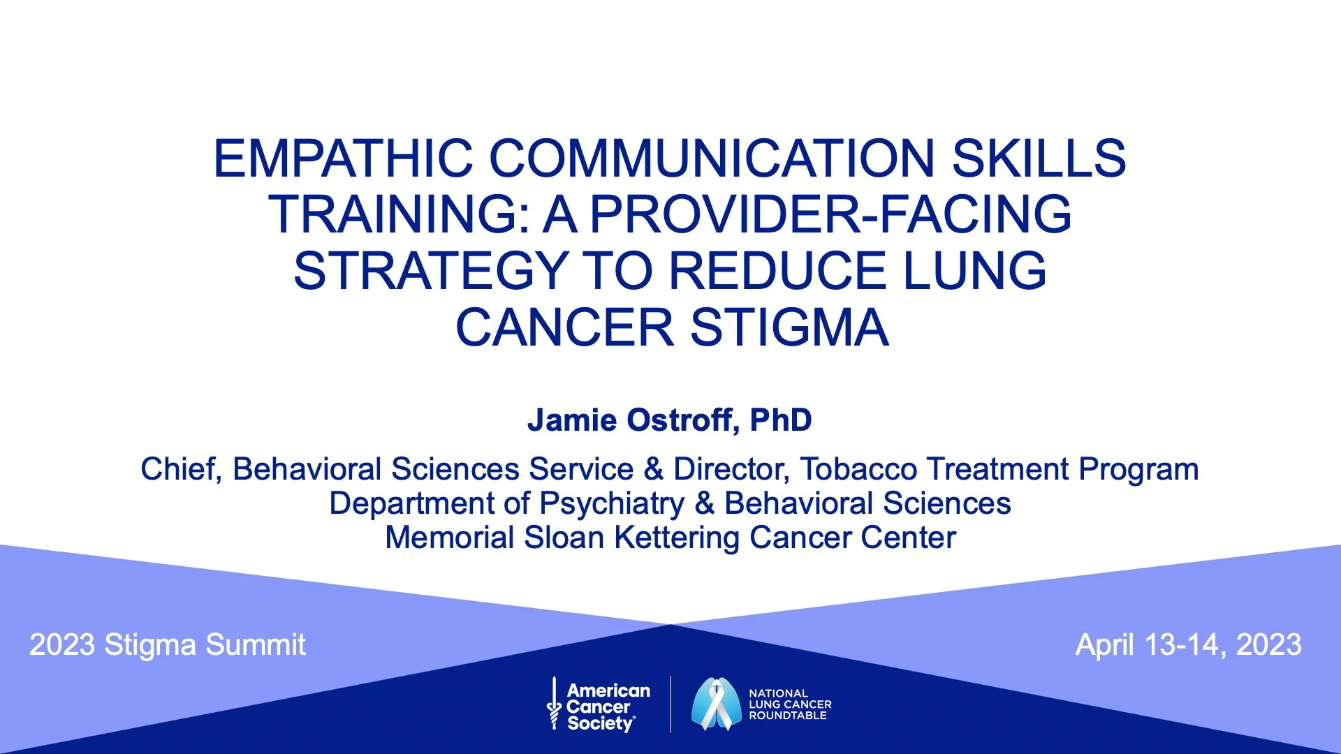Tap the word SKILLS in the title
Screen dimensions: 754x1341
click(x=1039, y=158)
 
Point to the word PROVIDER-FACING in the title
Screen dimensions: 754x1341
click(x=830, y=214)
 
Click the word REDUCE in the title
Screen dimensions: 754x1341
click(x=778, y=271)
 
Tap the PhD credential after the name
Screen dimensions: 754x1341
click(x=780, y=420)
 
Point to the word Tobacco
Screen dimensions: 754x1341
click(x=858, y=469)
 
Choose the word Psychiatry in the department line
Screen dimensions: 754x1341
click(x=612, y=504)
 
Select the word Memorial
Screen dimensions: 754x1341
click(x=450, y=538)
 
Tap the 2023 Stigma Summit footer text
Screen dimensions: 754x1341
click(x=168, y=644)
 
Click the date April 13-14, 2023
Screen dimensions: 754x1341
click(x=1188, y=644)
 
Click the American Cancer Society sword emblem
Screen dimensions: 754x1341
click(x=555, y=704)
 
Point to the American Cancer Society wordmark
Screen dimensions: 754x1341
click(x=608, y=707)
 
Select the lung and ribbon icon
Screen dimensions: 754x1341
click(x=716, y=704)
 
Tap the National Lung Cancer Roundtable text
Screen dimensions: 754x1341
click(x=790, y=704)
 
